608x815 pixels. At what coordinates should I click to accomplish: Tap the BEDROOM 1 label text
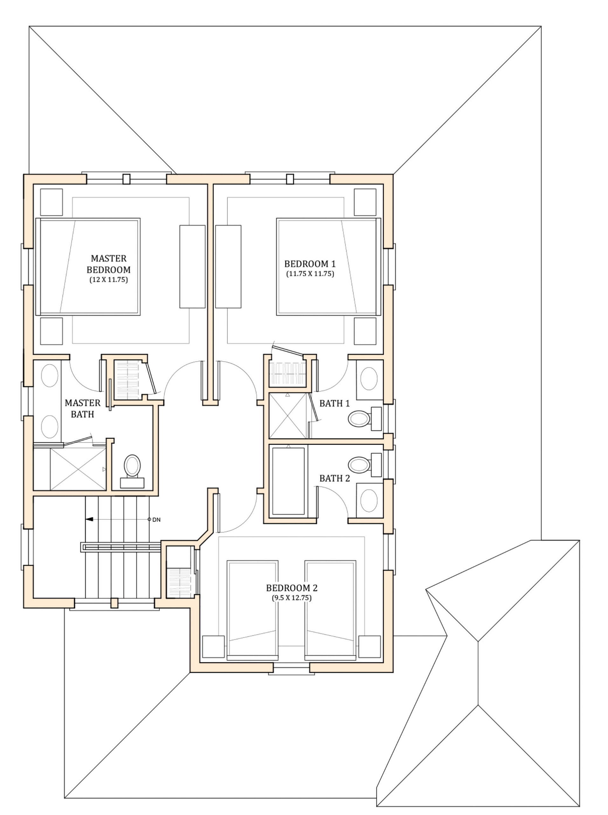click(x=310, y=264)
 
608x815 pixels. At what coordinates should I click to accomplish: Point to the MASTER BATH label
click(x=82, y=408)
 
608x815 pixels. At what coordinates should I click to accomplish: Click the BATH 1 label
click(x=334, y=403)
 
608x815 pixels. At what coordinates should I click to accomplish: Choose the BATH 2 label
click(x=334, y=478)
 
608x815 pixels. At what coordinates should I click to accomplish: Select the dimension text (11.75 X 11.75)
click(x=310, y=274)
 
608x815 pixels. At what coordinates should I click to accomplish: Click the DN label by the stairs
click(x=156, y=520)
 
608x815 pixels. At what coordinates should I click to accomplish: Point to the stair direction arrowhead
click(x=89, y=520)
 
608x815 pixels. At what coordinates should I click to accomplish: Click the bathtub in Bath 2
click(x=288, y=482)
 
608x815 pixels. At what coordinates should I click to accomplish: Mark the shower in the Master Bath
click(x=78, y=469)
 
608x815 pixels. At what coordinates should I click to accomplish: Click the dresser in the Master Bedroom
click(x=192, y=266)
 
